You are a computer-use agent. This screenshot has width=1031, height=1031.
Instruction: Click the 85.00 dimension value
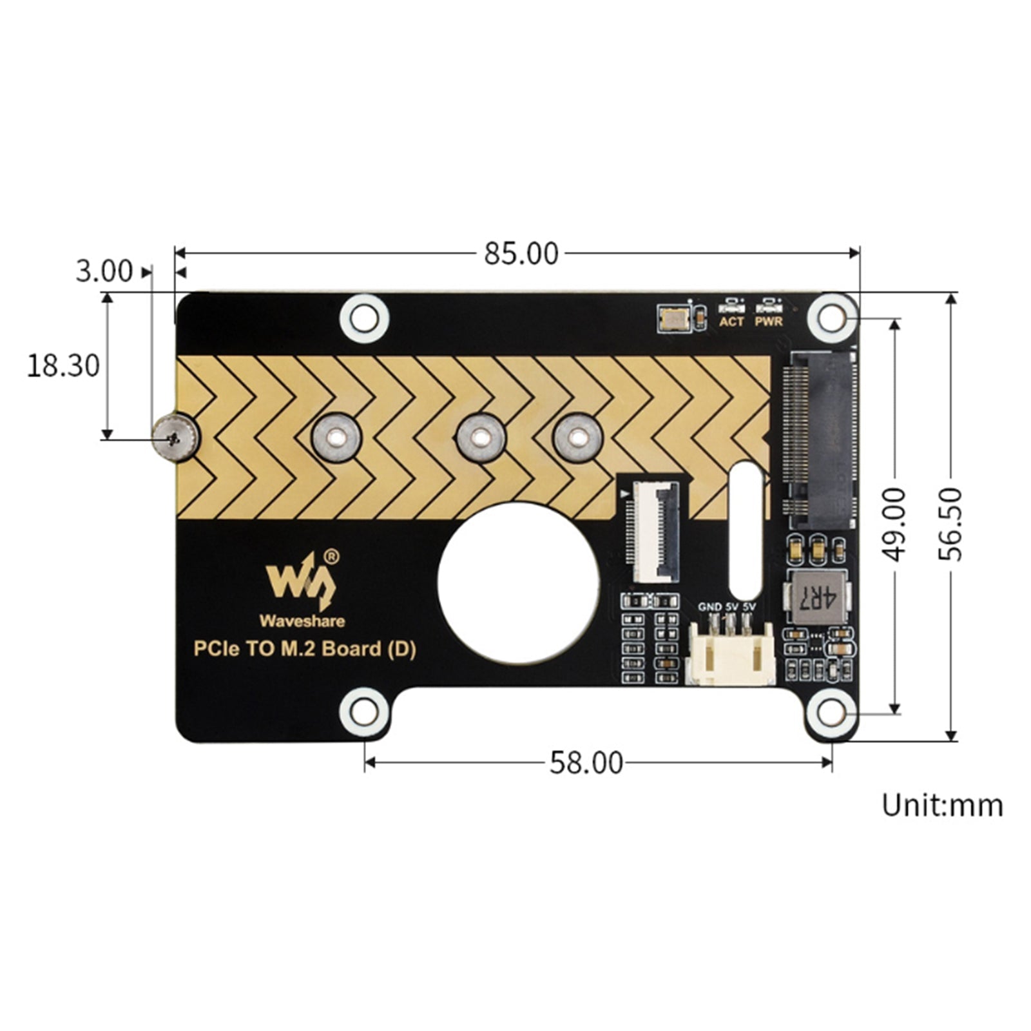tap(521, 254)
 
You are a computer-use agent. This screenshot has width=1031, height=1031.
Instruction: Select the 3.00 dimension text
tap(104, 271)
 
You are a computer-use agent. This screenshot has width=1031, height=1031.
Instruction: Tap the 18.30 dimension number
tap(63, 366)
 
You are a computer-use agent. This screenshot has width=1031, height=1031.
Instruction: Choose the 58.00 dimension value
tap(586, 763)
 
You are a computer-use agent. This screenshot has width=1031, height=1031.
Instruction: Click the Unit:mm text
tap(941, 805)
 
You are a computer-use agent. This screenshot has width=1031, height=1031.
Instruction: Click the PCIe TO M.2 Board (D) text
tap(305, 648)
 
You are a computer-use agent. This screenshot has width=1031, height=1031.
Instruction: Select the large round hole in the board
tap(518, 583)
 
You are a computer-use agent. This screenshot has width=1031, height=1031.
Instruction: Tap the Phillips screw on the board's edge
tap(175, 439)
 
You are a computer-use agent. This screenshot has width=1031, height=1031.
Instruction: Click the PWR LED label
tap(768, 321)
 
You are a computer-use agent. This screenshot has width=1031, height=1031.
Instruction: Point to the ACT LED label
tap(731, 321)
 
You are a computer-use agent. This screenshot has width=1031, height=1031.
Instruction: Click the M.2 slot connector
tap(820, 439)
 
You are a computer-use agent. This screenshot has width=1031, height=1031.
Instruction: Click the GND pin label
tap(709, 607)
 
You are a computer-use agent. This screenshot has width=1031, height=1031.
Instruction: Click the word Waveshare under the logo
tap(302, 621)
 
